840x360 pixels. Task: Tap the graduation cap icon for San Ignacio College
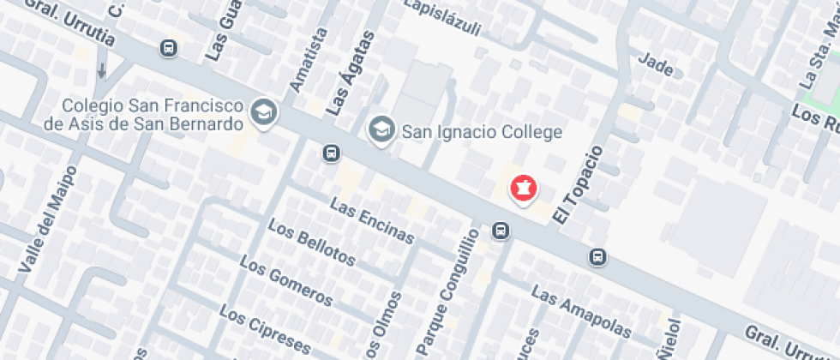[x=379, y=130]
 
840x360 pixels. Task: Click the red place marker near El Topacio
[x=522, y=188]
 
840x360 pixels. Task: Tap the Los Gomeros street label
[x=285, y=281]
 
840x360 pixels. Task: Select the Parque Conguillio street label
[x=446, y=291]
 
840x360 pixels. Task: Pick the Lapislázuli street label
[x=442, y=16]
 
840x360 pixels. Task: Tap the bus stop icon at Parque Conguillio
[x=500, y=231]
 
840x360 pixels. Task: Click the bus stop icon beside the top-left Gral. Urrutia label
[x=169, y=47]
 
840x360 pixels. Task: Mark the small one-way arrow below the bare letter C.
[x=102, y=69]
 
